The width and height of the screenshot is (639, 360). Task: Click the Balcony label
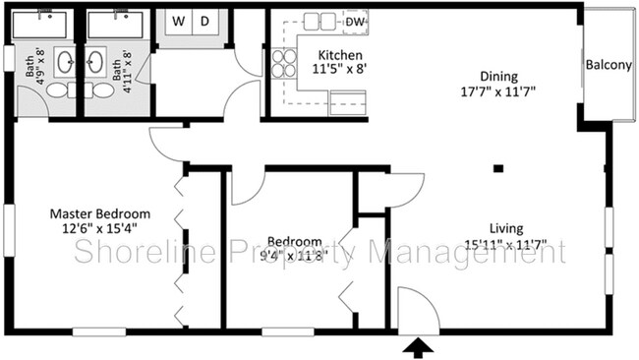pyautogui.click(x=609, y=66)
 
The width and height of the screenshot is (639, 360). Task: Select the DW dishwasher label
pyautogui.click(x=356, y=22)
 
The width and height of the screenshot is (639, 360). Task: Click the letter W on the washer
pyautogui.click(x=180, y=21)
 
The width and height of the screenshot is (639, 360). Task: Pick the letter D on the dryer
pyautogui.click(x=204, y=21)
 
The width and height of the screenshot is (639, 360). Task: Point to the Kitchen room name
pyautogui.click(x=340, y=55)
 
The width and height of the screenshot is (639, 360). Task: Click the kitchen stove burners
pyautogui.click(x=283, y=63)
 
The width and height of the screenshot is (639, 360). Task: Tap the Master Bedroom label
pyautogui.click(x=100, y=213)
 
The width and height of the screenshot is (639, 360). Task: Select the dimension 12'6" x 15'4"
pyautogui.click(x=100, y=228)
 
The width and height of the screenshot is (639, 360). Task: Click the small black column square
pyautogui.click(x=498, y=169)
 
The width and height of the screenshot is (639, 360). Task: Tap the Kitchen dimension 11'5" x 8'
pyautogui.click(x=340, y=70)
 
